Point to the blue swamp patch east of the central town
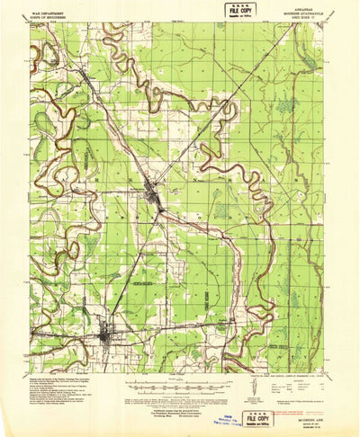pyautogui.click(x=220, y=211)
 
